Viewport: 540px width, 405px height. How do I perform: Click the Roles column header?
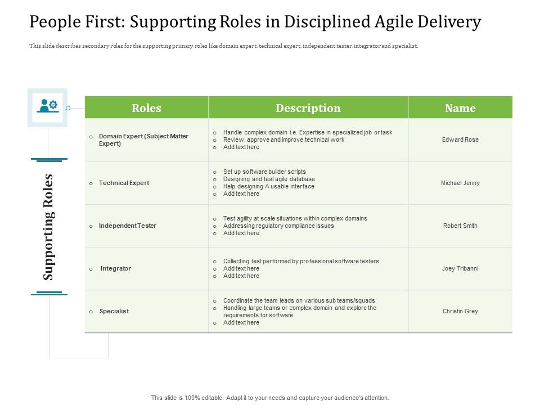click(x=146, y=108)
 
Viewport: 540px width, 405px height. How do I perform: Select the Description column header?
click(x=308, y=108)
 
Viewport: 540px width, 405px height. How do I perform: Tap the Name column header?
click(x=460, y=108)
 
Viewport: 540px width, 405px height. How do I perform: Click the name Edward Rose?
click(x=460, y=139)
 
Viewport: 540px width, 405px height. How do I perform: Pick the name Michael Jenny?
click(x=460, y=183)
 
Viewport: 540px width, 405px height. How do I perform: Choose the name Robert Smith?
click(x=460, y=226)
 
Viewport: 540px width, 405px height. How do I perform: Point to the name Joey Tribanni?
click(x=460, y=268)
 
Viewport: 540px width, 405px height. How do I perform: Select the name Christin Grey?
click(x=460, y=311)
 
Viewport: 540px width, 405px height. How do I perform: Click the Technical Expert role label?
click(x=124, y=183)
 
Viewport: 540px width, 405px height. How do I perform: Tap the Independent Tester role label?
click(x=127, y=226)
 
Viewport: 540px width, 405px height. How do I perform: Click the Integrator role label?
click(x=115, y=268)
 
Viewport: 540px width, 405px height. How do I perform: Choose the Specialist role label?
click(x=114, y=311)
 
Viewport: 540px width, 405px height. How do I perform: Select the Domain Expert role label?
click(x=143, y=139)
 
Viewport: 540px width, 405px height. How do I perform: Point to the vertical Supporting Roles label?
click(x=48, y=227)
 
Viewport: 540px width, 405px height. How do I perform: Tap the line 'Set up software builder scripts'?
click(x=264, y=172)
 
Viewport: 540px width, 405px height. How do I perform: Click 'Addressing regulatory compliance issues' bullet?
click(x=278, y=226)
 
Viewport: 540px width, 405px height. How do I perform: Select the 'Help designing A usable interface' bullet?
click(x=269, y=186)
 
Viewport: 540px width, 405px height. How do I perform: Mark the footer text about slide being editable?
click(x=270, y=398)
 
